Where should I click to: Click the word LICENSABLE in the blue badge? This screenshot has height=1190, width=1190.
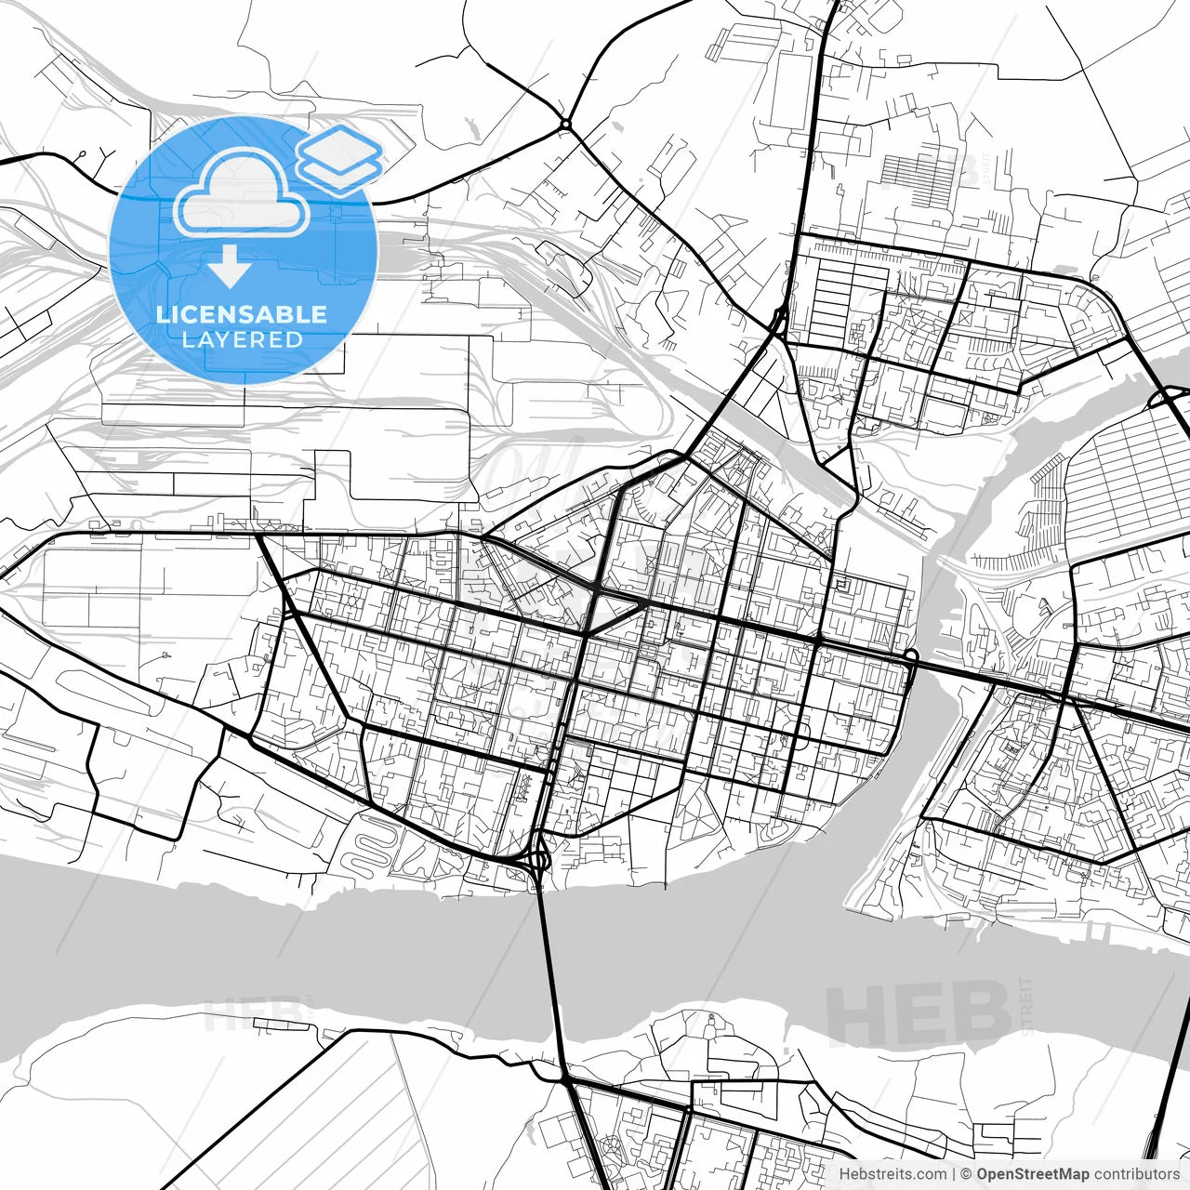pos(242,314)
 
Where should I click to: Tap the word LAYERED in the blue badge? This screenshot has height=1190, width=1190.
pos(242,339)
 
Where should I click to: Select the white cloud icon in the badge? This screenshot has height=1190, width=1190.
pos(242,192)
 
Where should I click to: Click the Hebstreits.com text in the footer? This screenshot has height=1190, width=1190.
pos(892,1175)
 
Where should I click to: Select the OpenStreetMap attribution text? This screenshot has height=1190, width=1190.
pos(1032,1175)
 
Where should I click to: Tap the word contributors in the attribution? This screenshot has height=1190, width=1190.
pos(1136,1175)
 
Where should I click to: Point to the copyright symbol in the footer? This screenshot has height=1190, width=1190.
pos(966,1175)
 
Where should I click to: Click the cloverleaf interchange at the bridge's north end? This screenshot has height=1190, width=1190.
pos(538,858)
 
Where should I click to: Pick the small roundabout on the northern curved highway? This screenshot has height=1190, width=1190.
pos(565,124)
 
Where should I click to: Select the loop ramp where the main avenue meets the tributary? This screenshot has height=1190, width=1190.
pos(910,657)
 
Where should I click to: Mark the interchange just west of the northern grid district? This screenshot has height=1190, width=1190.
pos(779,321)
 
